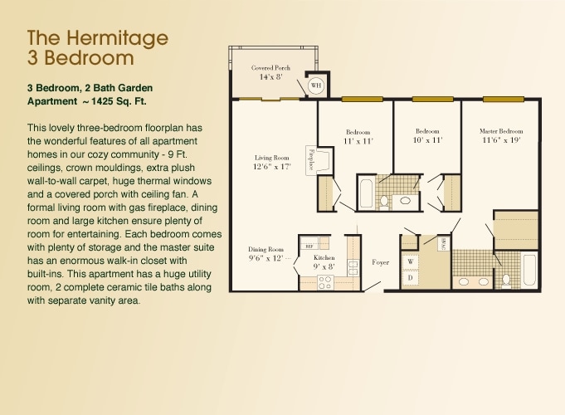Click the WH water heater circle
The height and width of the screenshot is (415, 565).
click(315, 85)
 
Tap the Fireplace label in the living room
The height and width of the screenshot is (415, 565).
click(311, 159)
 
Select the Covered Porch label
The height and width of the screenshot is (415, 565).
click(271, 67)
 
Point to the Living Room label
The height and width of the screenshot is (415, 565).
click(271, 157)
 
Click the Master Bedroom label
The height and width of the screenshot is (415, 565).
click(501, 131)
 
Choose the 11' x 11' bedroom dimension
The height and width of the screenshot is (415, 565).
click(358, 141)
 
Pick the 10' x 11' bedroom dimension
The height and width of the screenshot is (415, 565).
click(427, 141)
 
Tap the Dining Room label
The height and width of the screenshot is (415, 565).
click(265, 249)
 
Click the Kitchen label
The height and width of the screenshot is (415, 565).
click(324, 258)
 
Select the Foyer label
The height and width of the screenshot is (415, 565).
click(380, 262)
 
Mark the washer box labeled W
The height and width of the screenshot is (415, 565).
click(410, 262)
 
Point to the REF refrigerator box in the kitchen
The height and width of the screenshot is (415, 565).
click(309, 247)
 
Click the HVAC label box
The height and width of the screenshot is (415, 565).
click(443, 244)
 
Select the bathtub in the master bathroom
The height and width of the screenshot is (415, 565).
click(528, 270)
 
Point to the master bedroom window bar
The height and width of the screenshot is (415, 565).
click(503, 99)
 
